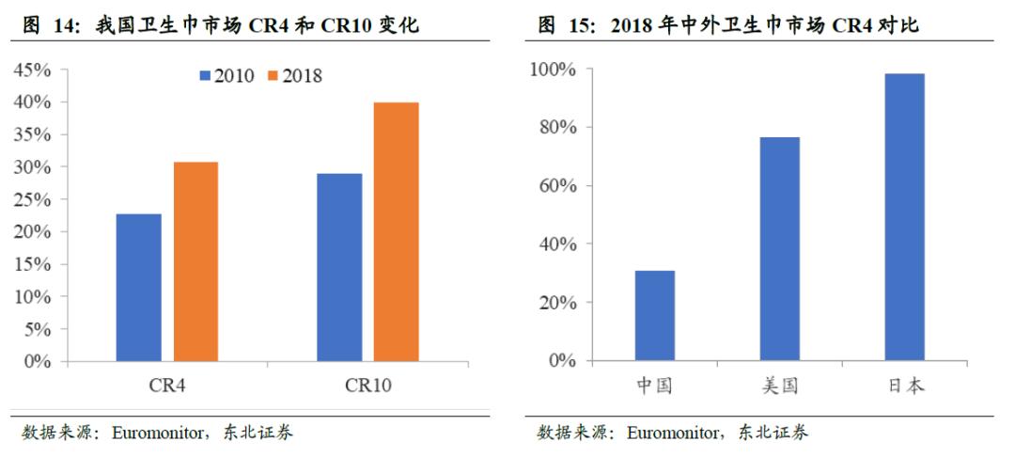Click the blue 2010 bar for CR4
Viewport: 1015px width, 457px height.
coord(138,288)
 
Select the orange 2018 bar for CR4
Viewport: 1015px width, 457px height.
coord(195,261)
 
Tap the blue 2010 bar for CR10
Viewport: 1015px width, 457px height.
coord(338,267)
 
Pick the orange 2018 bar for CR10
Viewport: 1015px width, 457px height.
coord(396,231)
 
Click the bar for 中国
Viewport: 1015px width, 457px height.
coord(654,316)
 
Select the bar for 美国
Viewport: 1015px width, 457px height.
coord(779,249)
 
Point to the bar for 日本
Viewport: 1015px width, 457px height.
coord(904,217)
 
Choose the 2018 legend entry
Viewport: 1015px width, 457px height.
coord(294,76)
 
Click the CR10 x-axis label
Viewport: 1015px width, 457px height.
coord(367,386)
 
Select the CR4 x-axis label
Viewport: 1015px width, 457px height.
coord(167,386)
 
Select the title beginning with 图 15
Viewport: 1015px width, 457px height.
coord(728,25)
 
